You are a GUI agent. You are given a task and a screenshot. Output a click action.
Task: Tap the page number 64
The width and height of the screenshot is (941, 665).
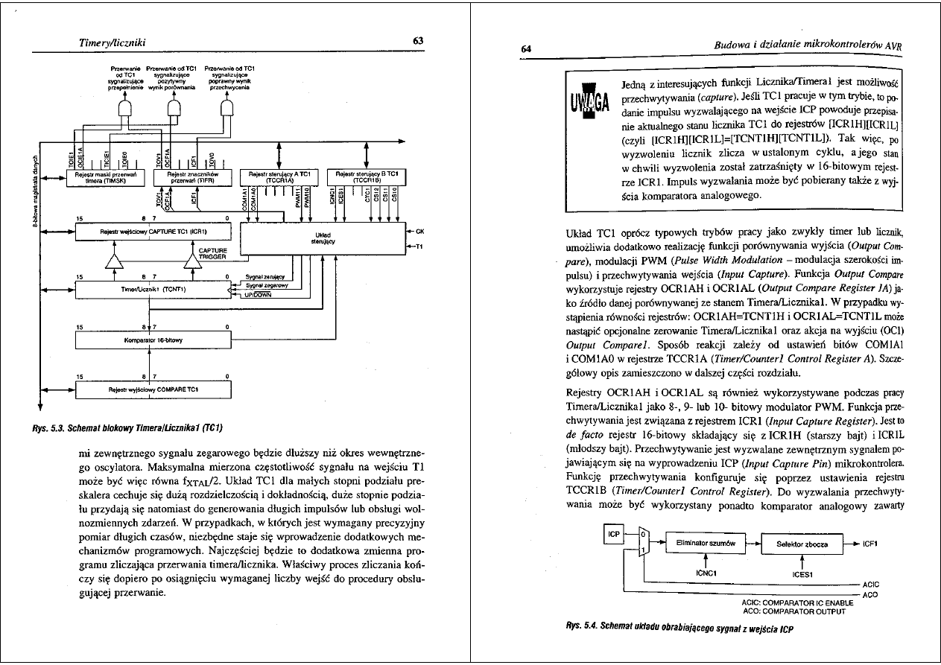point(525,48)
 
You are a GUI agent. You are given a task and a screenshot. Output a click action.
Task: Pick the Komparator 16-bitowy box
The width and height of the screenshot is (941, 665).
point(154,340)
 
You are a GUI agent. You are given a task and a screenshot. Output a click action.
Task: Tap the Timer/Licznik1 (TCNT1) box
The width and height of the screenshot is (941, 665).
point(154,288)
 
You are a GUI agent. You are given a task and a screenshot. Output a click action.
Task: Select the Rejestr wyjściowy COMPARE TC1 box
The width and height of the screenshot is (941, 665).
point(154,389)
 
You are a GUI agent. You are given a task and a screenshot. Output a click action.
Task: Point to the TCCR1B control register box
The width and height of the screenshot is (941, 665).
point(367,176)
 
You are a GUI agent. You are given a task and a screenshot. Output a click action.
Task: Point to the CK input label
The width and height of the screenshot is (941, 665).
point(419,231)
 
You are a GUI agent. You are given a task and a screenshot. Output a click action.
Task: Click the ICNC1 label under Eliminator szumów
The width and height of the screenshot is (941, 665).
point(705,573)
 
